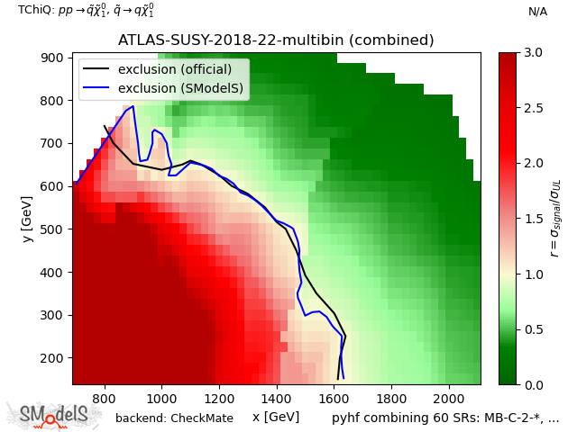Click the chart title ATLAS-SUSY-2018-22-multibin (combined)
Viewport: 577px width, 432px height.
[x=276, y=40]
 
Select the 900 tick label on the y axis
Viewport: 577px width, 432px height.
[x=55, y=58]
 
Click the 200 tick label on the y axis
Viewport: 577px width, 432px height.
[x=55, y=358]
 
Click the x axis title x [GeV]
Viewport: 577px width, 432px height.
[x=276, y=417]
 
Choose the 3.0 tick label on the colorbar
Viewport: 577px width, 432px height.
[x=534, y=52]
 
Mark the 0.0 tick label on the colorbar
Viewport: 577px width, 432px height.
[x=534, y=384]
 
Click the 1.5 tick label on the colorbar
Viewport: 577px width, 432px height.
[x=534, y=219]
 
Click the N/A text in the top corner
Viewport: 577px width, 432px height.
[x=537, y=12]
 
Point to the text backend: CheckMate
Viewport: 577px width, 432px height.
[x=174, y=418]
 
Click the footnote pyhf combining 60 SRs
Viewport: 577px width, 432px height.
[x=445, y=418]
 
